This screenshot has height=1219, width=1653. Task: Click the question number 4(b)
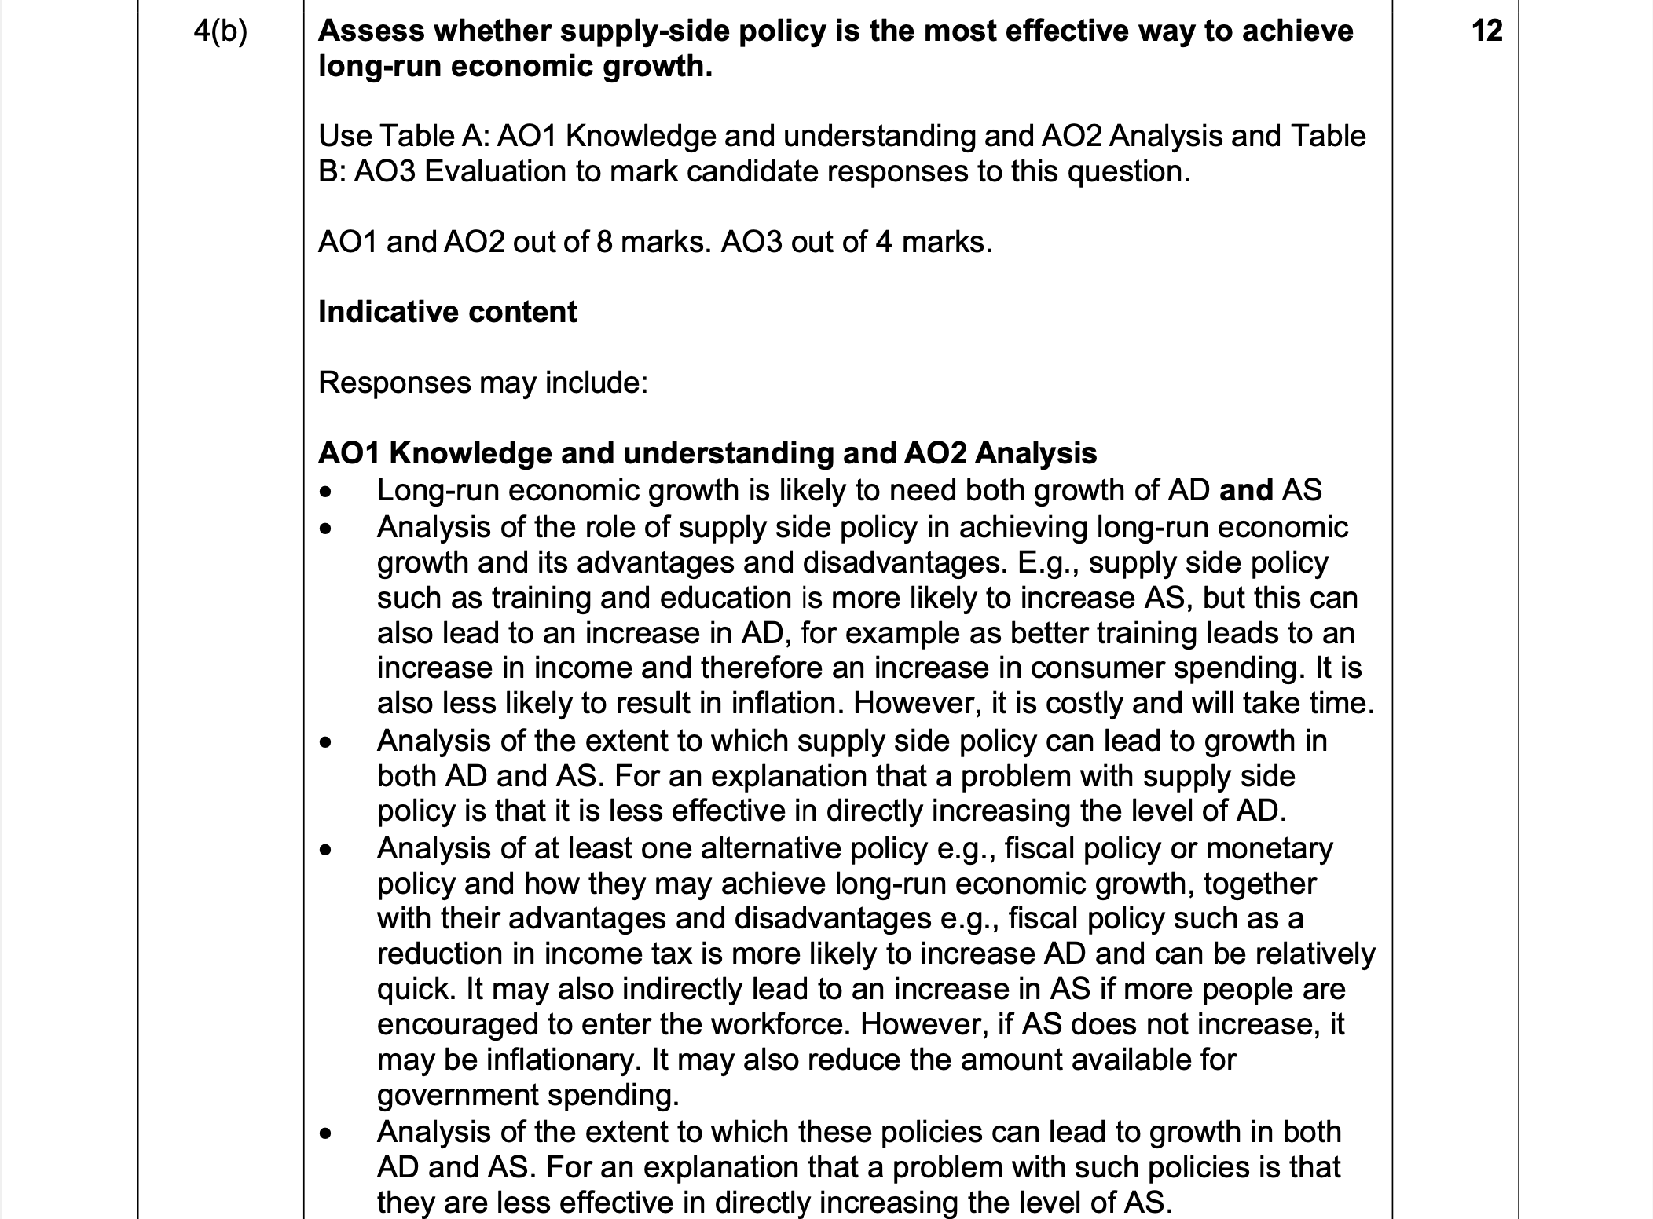[220, 31]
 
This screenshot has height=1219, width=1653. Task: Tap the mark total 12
[1486, 31]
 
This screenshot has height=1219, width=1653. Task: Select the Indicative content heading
[447, 312]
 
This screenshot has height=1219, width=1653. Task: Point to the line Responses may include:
[482, 383]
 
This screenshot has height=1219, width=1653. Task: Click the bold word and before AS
[1245, 490]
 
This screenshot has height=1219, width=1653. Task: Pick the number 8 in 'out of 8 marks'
[604, 242]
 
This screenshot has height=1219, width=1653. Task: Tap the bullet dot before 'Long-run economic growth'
[325, 492]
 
